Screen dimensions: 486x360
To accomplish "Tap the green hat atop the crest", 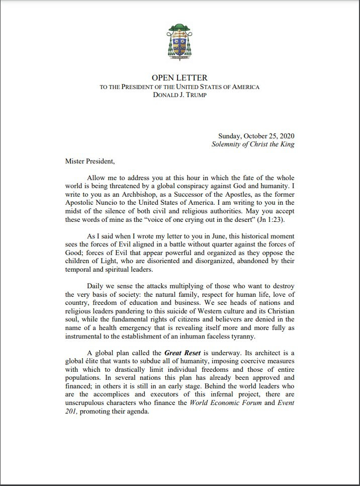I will [x=179, y=27].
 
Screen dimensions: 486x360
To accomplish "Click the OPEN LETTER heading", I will [x=179, y=77].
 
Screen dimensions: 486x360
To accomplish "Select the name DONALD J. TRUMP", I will [x=179, y=96].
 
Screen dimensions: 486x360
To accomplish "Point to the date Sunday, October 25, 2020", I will [x=256, y=136].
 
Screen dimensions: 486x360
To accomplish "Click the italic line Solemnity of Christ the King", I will [x=253, y=144].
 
